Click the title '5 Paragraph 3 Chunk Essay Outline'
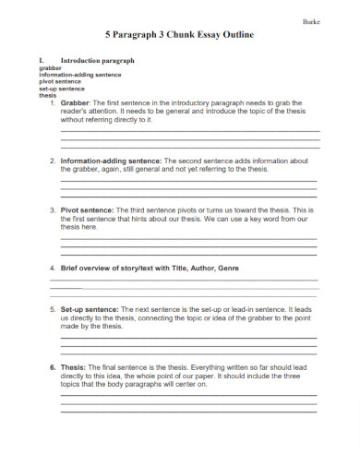180,34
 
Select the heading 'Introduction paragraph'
97,60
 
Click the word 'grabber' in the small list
49,67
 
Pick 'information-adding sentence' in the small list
79,74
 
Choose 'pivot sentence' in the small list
59,81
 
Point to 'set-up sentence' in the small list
61,88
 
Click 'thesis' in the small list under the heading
47,94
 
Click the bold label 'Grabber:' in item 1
76,102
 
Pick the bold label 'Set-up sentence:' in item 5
90,310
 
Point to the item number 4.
52,268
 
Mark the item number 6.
52,367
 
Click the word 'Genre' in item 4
227,268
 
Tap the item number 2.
52,160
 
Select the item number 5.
52,310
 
